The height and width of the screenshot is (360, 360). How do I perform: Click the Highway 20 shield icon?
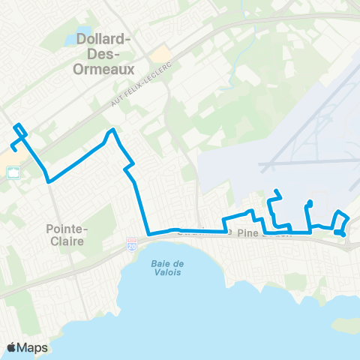coord(131,245)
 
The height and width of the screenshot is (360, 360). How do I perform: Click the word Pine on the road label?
coord(247,234)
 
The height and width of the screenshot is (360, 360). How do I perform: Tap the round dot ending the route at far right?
coord(343,234)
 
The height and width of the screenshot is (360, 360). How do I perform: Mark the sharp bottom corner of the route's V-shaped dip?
coord(49,181)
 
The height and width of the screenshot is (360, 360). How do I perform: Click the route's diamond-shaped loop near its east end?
coord(341,223)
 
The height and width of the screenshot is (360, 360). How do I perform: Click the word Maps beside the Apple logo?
coord(34,347)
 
